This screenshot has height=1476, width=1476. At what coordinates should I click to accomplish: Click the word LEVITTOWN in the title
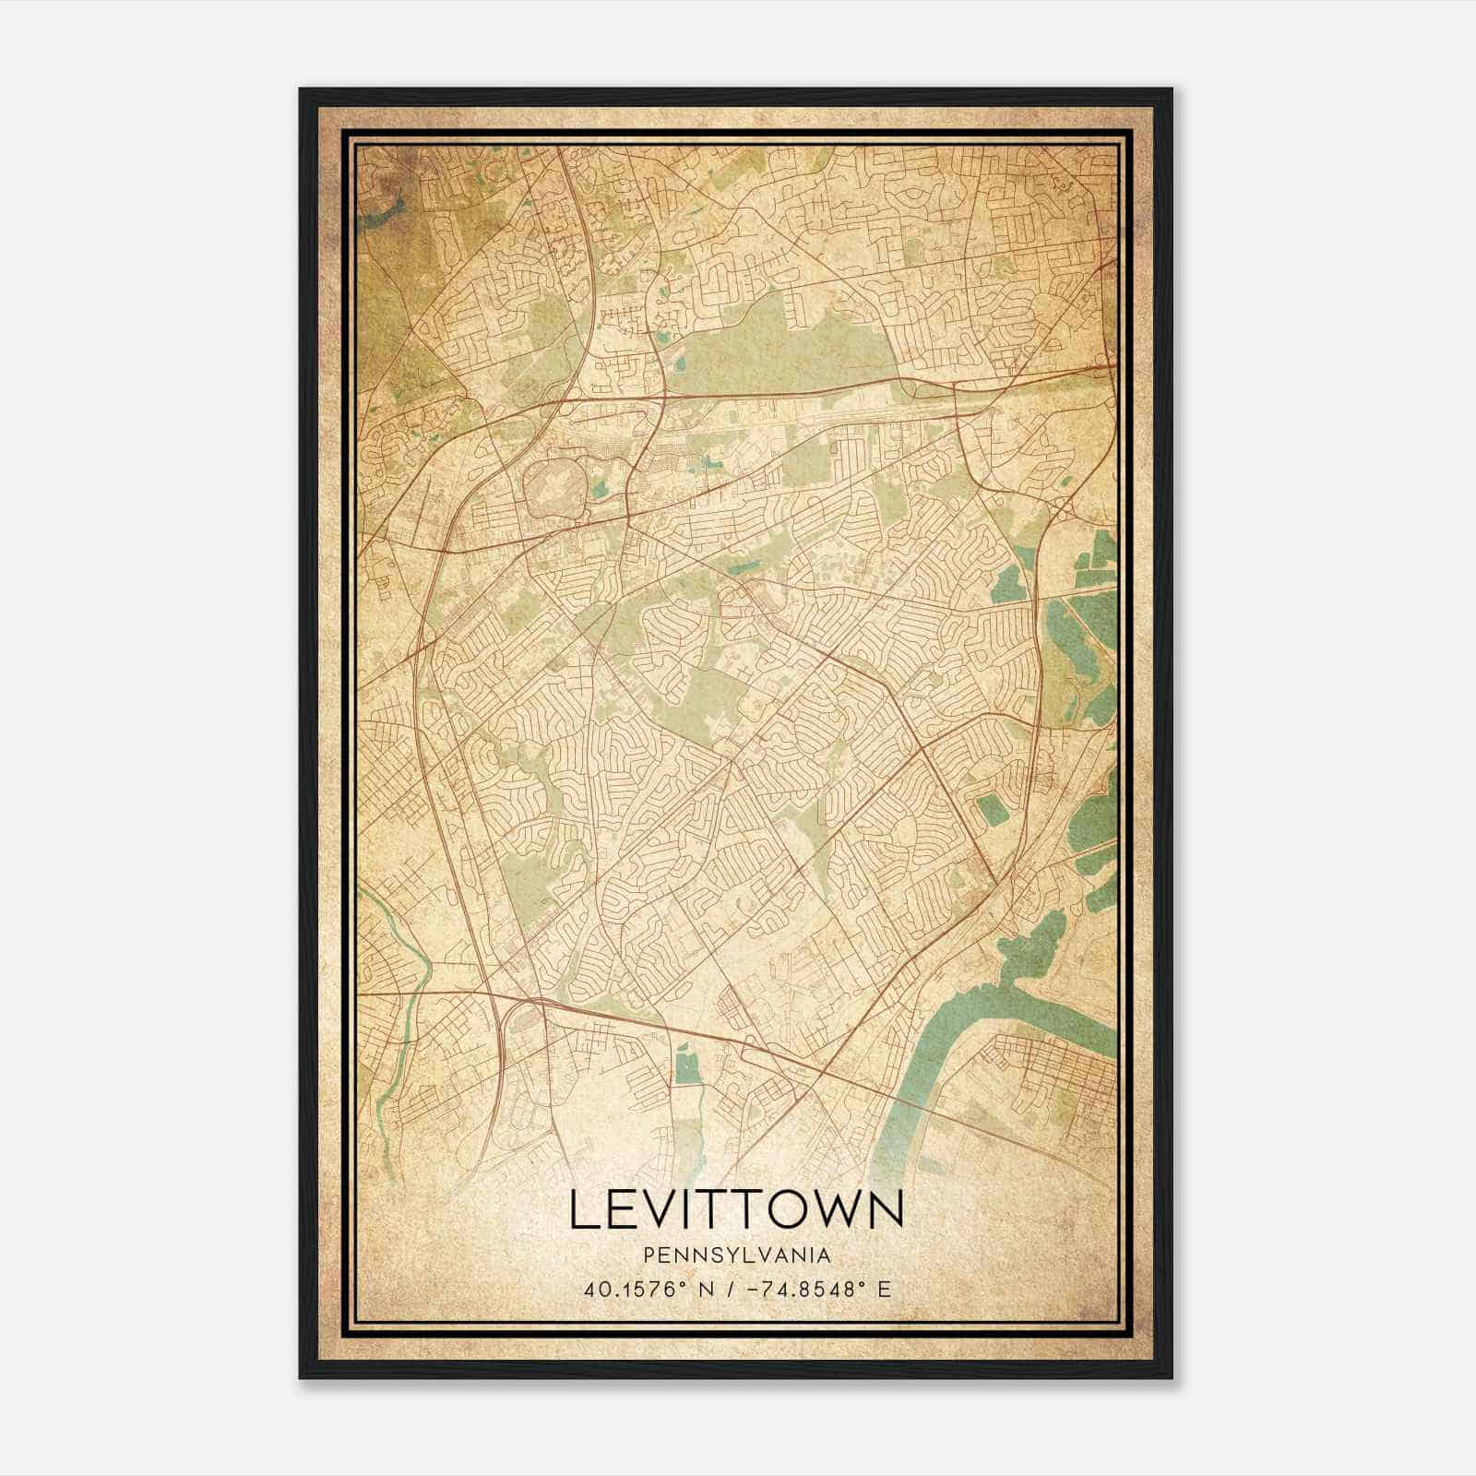coord(736,1209)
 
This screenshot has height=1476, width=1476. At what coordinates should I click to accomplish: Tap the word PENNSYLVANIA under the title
coord(736,1256)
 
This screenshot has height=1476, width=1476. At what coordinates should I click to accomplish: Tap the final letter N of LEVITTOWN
coord(885,1209)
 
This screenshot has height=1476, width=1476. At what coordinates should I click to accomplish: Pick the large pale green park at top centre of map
coord(766,341)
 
